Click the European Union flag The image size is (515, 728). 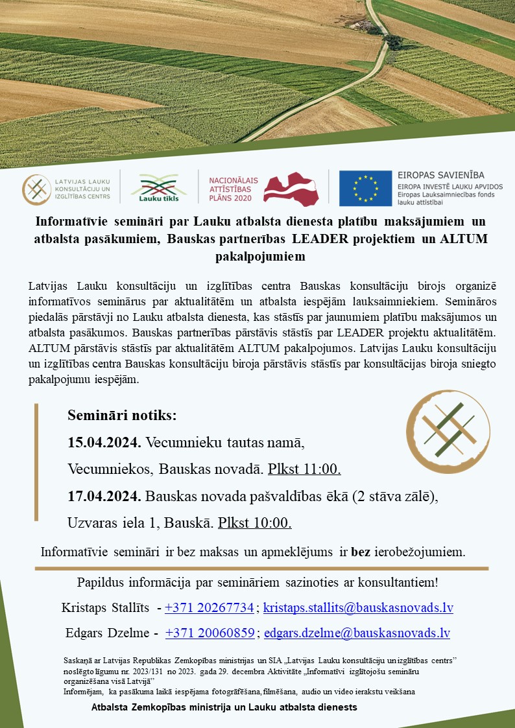click(365, 188)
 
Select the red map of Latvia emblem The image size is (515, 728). click(292, 188)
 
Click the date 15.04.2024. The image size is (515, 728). click(104, 443)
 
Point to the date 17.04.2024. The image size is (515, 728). click(104, 497)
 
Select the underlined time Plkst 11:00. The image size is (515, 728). click(304, 469)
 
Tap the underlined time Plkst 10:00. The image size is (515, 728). click(254, 523)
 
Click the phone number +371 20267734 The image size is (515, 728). click(209, 608)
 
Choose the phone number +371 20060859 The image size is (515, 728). click(210, 633)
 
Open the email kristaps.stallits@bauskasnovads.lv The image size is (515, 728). click(358, 608)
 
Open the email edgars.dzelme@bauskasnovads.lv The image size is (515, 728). click(357, 633)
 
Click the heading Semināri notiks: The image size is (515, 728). click(122, 415)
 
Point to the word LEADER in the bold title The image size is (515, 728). click(320, 239)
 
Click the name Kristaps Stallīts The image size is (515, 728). click(106, 608)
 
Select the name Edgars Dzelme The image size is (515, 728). click(107, 633)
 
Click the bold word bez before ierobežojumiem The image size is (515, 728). click(361, 553)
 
